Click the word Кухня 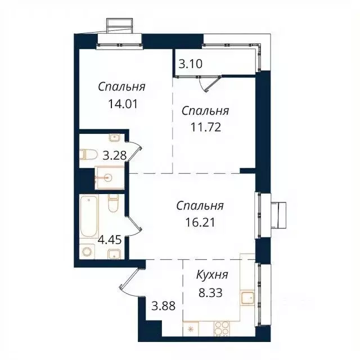click(x=211, y=275)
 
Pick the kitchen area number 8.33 click(x=211, y=292)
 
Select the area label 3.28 click(x=114, y=155)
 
